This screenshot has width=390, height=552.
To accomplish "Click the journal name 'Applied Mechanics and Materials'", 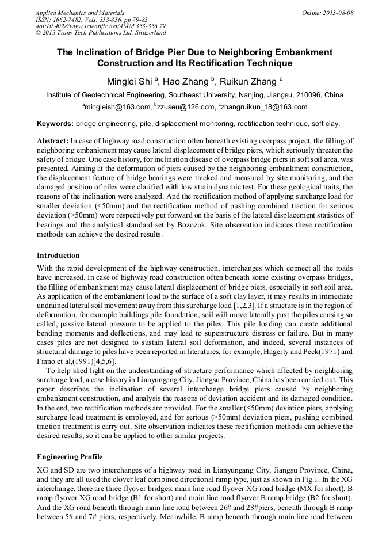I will (80, 13).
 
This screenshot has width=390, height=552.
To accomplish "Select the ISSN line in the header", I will (91, 20).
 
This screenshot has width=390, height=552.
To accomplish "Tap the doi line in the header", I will (101, 26).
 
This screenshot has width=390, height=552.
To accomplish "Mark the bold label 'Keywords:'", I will (55, 123).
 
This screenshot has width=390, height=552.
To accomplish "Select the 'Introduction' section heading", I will (58, 255).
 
